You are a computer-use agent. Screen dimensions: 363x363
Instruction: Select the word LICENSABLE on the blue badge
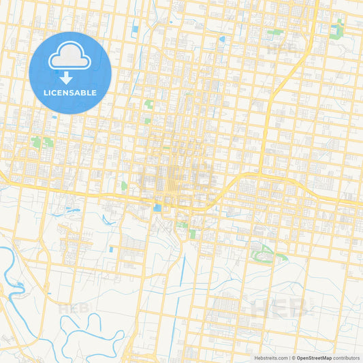click(x=70, y=92)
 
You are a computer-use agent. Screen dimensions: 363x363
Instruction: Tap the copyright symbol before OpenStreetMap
click(x=293, y=358)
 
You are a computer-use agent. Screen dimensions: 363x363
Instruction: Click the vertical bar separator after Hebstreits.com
click(x=288, y=358)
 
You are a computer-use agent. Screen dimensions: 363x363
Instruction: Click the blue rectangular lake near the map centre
click(x=158, y=208)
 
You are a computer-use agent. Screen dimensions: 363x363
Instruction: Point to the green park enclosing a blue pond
click(x=338, y=29)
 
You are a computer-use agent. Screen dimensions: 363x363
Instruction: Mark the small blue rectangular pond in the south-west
click(x=111, y=249)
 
